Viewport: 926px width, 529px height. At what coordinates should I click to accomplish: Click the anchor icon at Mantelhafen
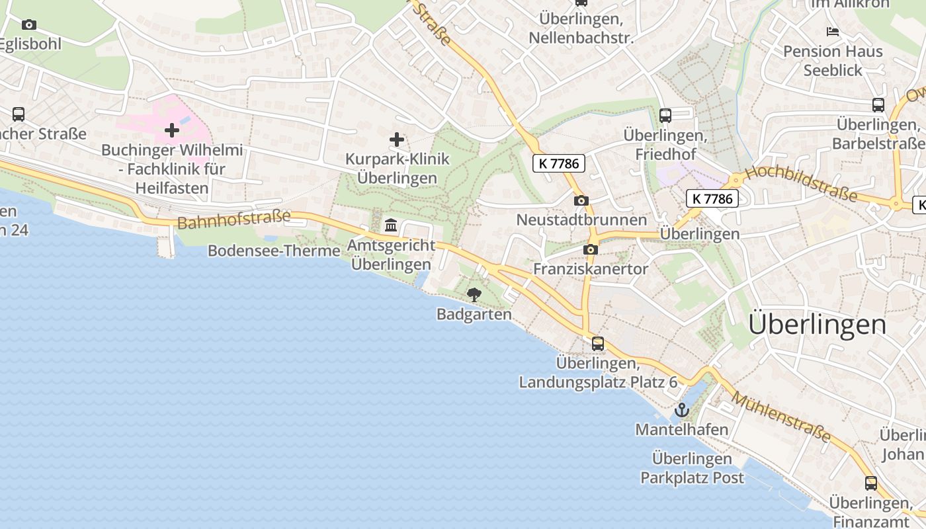click(681, 411)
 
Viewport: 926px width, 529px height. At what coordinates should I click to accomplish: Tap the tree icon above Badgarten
click(474, 294)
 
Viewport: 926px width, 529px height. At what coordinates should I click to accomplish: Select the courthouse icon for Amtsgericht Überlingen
click(391, 226)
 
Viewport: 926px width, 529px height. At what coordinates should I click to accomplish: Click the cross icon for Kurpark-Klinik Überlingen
click(397, 140)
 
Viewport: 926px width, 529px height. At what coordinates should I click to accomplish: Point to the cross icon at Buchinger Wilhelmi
click(172, 130)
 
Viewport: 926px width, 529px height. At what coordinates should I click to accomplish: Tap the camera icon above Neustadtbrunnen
click(581, 200)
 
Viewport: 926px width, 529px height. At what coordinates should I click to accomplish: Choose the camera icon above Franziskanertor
click(591, 249)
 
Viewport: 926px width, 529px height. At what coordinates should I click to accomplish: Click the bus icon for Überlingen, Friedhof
click(665, 116)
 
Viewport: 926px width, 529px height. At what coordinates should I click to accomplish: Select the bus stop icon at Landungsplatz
click(598, 344)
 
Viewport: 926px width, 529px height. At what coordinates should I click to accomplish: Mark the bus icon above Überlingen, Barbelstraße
click(878, 105)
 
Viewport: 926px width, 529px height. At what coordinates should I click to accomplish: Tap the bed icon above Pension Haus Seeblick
click(833, 32)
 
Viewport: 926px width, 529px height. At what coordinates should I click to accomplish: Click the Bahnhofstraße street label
click(234, 219)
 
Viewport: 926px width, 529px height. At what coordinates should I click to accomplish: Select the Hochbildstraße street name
click(801, 184)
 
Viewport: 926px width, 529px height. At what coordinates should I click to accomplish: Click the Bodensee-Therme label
click(274, 251)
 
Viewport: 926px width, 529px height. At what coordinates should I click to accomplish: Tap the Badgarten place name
click(474, 314)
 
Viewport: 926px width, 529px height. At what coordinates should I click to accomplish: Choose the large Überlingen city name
click(817, 325)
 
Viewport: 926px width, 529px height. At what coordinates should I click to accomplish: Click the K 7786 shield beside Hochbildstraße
click(712, 198)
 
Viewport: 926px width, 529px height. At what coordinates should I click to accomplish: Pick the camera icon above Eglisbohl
click(28, 25)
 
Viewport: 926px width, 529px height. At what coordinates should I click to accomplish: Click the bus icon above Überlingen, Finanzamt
click(871, 483)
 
